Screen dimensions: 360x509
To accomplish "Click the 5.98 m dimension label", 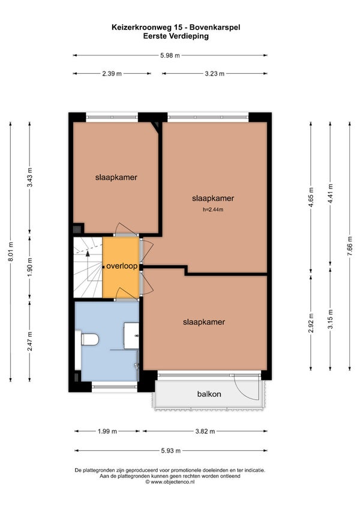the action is [x=170, y=55].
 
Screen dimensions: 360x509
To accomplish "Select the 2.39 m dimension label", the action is [x=112, y=74].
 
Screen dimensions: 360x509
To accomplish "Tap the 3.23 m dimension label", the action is [x=215, y=74].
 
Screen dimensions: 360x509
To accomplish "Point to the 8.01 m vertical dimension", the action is [x=11, y=252].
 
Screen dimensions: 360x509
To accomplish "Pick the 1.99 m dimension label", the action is [x=107, y=432].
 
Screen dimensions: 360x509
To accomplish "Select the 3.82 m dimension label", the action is [x=205, y=432].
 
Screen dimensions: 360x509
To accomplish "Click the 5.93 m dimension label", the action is [x=171, y=451].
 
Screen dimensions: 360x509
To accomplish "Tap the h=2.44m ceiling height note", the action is [x=213, y=209].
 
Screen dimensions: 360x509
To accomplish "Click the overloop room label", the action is [x=122, y=266].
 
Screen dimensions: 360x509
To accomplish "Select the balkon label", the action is [x=209, y=394].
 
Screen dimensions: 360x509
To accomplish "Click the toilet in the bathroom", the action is [x=89, y=340].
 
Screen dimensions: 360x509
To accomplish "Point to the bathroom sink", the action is [x=131, y=336].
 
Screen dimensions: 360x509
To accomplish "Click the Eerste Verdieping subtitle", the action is [x=176, y=36].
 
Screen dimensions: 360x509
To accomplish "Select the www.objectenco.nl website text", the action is [x=173, y=482].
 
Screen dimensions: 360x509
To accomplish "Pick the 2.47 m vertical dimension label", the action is [x=30, y=341].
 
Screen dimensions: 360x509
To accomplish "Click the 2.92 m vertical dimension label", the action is [x=311, y=323].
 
